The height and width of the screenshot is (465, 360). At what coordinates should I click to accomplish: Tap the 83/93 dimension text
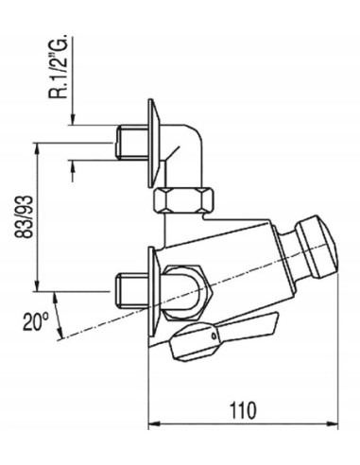(25, 216)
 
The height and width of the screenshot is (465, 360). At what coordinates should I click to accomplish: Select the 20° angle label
(35, 321)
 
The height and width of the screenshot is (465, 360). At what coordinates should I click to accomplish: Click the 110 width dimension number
(243, 410)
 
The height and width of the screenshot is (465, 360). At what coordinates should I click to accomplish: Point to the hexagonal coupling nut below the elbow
(183, 200)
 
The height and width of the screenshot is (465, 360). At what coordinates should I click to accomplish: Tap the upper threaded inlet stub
(132, 142)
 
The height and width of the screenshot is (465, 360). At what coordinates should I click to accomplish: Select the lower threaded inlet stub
(132, 291)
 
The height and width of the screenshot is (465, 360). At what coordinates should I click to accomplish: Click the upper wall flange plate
(154, 144)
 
